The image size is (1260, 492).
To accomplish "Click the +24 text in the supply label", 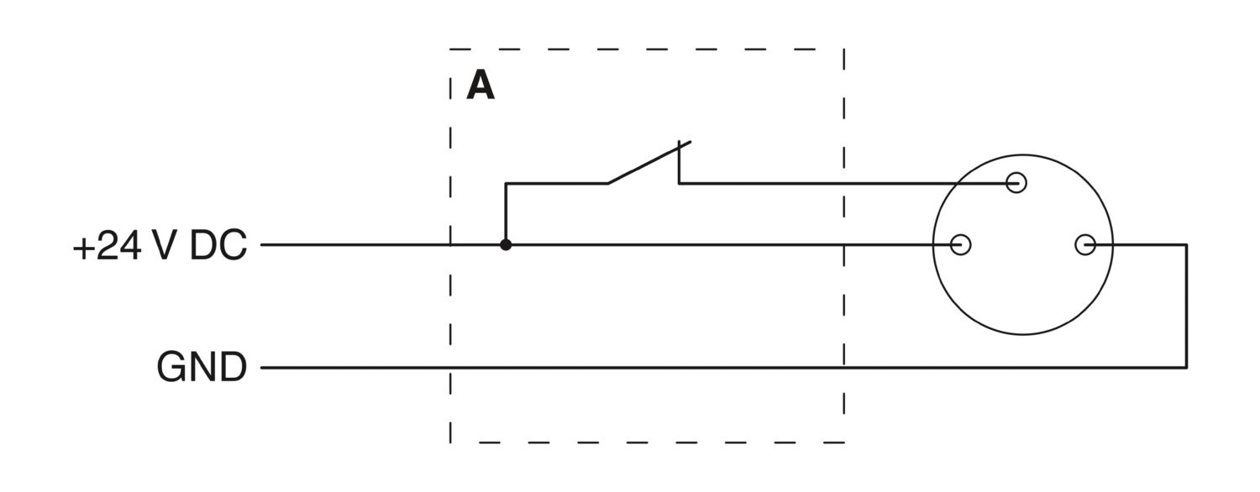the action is coord(107,245).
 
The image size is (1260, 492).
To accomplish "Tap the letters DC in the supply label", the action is coord(218,245).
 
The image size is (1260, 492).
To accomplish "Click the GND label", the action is coord(202,367).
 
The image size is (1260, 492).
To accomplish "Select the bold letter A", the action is coord(480,86).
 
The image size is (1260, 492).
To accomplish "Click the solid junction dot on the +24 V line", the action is coord(506,244).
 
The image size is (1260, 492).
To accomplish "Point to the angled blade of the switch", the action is coord(649,163).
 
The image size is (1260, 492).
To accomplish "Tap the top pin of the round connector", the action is coord(1016,183).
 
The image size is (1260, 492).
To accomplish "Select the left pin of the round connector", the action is coord(960,244).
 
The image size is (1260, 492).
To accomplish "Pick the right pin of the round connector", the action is coord(1085,244).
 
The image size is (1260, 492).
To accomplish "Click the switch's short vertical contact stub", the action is coord(679,162).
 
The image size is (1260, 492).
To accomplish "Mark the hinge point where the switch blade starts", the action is coord(607,183).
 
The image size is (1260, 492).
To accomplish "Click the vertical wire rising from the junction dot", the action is coord(506,213).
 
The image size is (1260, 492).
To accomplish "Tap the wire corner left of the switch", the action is coord(506,183).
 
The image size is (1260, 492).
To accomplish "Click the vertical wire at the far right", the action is coord(1186,306).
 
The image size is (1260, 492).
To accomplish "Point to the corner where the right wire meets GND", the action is coord(1186,368).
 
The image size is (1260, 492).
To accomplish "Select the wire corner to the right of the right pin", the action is coord(1186,244).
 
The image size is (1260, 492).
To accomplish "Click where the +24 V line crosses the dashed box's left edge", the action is coord(450,244).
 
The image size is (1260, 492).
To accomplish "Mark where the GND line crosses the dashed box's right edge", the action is coord(843,368).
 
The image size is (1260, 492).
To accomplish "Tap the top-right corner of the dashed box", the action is coord(843,49).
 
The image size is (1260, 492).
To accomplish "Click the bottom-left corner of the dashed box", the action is coord(450,442).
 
